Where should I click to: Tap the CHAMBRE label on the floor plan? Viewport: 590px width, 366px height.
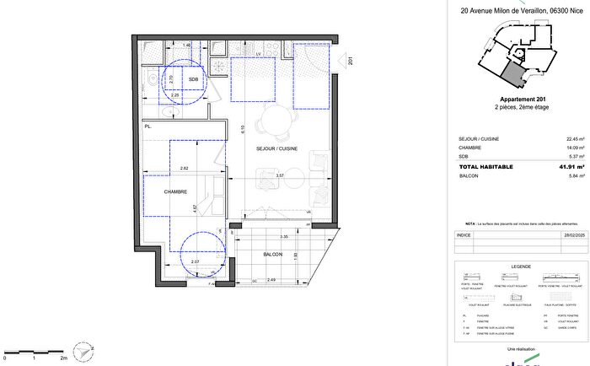coord(175,191)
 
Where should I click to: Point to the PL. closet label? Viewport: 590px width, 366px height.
coord(147,126)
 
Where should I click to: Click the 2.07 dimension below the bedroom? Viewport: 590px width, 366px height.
coord(195,263)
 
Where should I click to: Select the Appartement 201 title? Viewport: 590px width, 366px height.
coord(518,100)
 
